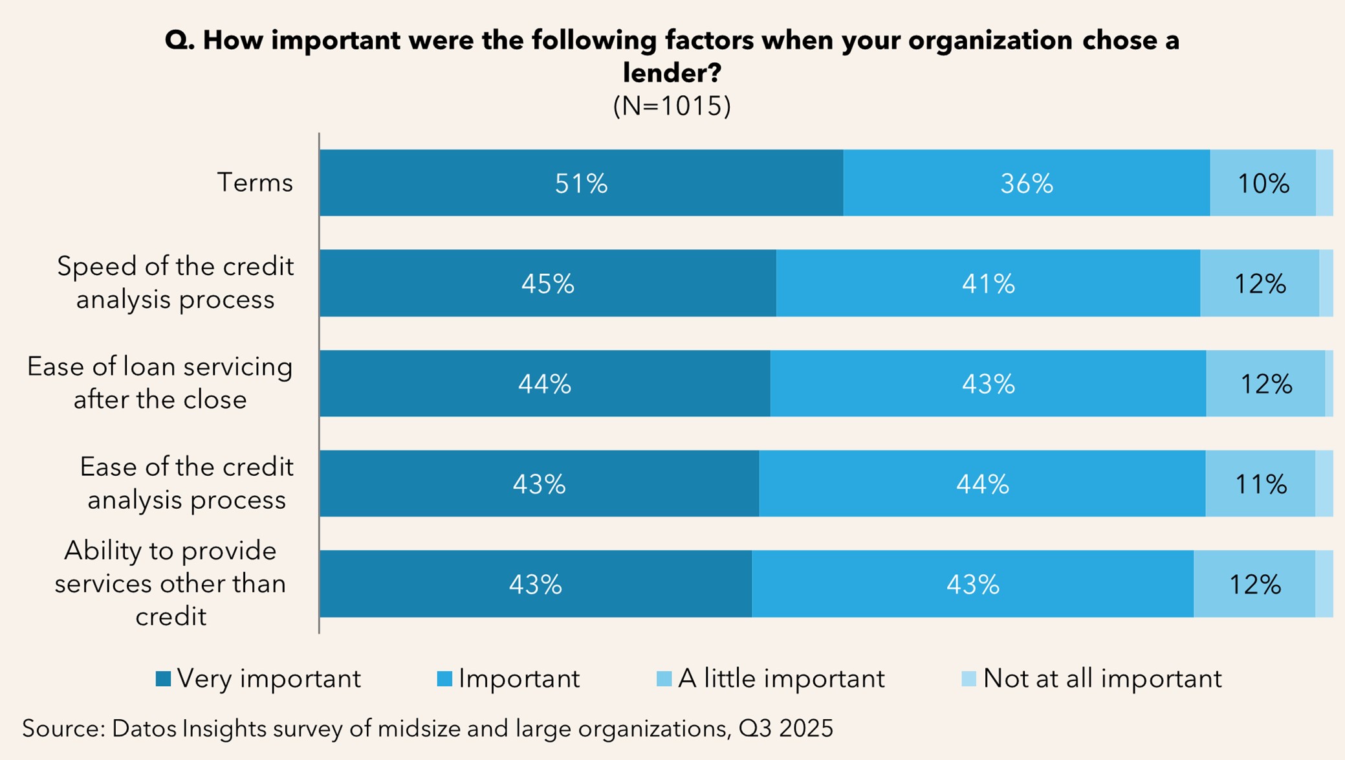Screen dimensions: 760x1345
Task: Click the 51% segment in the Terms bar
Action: click(581, 183)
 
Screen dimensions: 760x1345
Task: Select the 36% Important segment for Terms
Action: click(1026, 183)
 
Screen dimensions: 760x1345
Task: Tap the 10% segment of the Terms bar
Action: click(1262, 183)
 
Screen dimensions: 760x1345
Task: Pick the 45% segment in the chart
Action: click(547, 284)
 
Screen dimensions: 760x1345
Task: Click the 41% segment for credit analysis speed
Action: click(988, 284)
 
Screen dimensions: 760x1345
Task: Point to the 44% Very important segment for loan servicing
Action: click(544, 384)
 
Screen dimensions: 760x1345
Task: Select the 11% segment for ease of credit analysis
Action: click(1260, 484)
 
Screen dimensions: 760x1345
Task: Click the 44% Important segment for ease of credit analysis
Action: click(982, 484)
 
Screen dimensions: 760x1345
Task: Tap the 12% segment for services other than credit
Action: click(1254, 584)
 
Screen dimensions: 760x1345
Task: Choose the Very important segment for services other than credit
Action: click(535, 584)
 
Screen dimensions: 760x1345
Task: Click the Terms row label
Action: click(255, 183)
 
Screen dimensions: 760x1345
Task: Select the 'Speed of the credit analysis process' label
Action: click(175, 283)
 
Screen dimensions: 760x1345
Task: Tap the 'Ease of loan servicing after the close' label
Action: click(160, 383)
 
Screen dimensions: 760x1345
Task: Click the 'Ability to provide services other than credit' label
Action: click(170, 583)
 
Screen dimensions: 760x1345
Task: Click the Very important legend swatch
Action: click(163, 678)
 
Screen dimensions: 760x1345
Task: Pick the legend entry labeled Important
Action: click(518, 678)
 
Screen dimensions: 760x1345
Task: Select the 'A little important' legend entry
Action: click(780, 678)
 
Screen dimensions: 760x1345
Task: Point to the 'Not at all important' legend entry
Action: click(1102, 678)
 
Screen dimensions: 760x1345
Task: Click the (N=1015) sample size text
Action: click(672, 106)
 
